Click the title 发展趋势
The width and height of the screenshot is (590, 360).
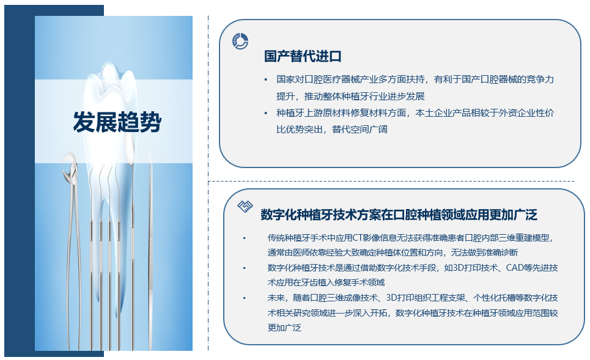117,122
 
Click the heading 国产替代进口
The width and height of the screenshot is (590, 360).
303,56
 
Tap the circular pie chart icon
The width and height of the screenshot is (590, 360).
240,41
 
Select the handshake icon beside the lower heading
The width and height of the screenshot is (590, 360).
245,206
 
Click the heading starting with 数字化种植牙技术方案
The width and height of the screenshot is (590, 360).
399,215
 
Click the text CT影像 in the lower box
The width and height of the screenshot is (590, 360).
361,238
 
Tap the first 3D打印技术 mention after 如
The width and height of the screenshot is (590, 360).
476,268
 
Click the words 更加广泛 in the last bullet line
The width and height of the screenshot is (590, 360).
284,328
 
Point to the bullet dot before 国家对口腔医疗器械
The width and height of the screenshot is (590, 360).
266,79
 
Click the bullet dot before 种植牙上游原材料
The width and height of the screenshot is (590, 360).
266,113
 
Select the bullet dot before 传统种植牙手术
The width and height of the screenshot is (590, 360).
244,238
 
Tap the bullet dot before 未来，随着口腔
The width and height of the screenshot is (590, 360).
244,298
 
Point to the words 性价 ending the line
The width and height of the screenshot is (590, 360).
545,113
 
